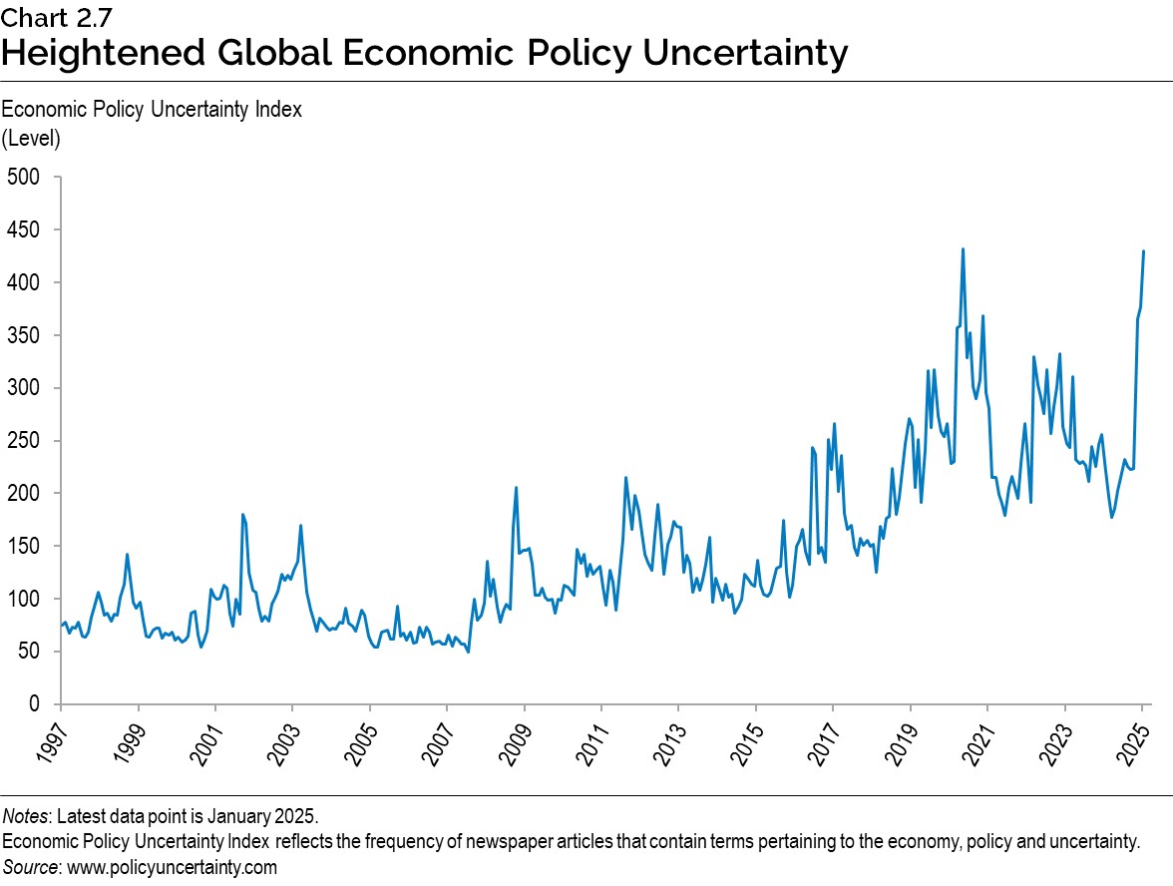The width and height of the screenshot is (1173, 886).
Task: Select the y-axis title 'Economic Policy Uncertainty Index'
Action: click(x=152, y=111)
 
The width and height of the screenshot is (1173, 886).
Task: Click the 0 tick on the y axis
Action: click(x=33, y=704)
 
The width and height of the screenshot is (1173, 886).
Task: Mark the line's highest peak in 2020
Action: click(x=963, y=249)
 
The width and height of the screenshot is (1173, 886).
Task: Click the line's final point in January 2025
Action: click(x=1143, y=251)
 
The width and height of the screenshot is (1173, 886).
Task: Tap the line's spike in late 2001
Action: click(x=243, y=515)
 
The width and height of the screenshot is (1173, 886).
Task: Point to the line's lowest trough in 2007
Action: click(x=468, y=652)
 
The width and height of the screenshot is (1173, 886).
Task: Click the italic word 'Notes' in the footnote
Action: click(x=27, y=817)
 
